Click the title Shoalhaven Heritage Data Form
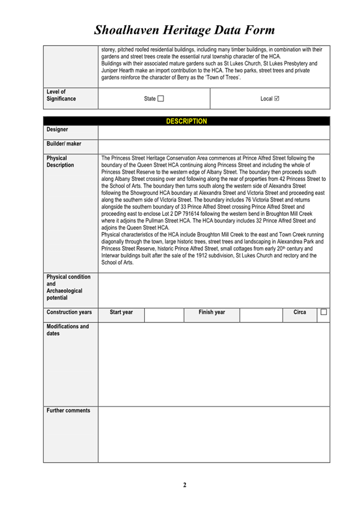click(x=185, y=29)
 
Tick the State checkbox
click(x=160, y=99)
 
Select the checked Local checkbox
click(x=276, y=99)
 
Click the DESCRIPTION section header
click(x=186, y=121)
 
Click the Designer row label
click(x=57, y=129)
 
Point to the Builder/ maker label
click(x=64, y=144)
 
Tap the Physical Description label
click(x=60, y=162)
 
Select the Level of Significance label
click(x=61, y=95)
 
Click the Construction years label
click(x=69, y=312)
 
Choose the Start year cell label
click(x=121, y=312)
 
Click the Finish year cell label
click(x=212, y=312)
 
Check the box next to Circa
click(x=323, y=312)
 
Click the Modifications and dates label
click(x=67, y=330)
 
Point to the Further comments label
click(x=69, y=411)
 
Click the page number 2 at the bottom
click(x=185, y=485)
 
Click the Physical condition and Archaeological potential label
click(x=68, y=287)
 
